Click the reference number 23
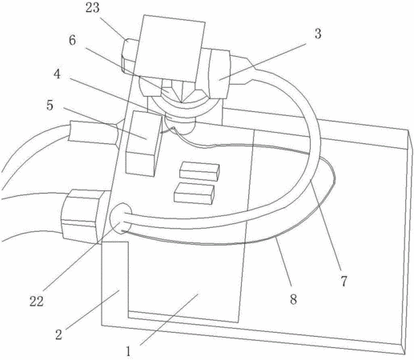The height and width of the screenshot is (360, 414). point(92,8)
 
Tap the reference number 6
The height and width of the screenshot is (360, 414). point(72,41)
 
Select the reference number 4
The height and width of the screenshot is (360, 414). point(57,74)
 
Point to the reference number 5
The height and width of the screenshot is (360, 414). point(50,106)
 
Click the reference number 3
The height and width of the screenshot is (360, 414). point(318,34)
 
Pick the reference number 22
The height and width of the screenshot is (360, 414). point(36,302)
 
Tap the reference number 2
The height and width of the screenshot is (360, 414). point(58,334)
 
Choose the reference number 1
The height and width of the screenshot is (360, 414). point(128,351)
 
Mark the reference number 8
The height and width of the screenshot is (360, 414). point(293,299)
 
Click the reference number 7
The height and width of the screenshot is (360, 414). point(344,282)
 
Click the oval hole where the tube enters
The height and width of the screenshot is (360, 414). point(121,218)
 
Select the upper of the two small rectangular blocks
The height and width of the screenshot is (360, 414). point(199,170)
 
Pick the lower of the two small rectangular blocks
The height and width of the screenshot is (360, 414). point(194,194)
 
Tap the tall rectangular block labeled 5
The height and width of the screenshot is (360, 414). point(144,143)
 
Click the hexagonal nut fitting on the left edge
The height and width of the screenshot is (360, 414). point(79,216)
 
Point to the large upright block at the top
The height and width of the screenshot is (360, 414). point(170,48)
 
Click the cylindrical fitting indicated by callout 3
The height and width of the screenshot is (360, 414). point(219,74)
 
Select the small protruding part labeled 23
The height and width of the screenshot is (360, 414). point(130,55)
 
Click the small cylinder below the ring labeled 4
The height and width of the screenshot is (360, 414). point(180,124)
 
